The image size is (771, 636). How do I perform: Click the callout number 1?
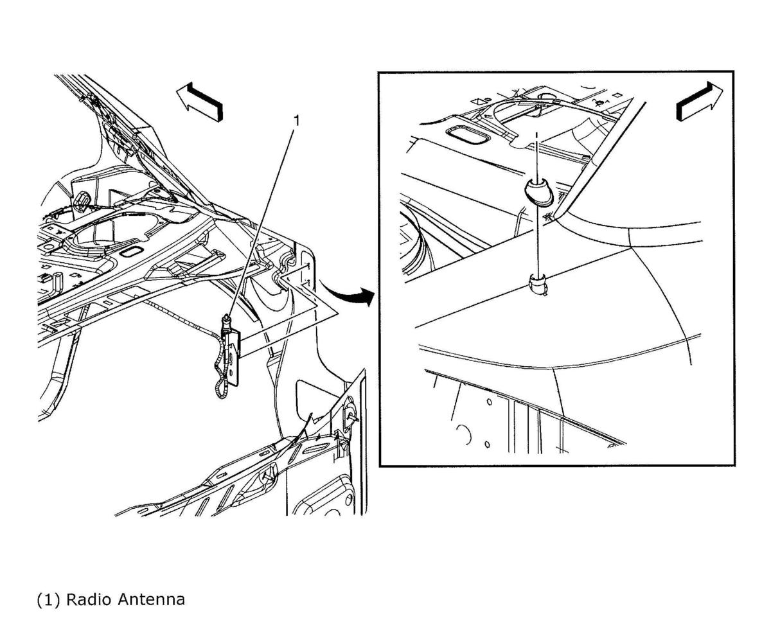(296, 121)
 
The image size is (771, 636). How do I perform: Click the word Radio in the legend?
(88, 599)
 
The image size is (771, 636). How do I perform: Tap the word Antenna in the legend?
(152, 599)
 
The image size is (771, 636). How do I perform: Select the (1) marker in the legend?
(48, 600)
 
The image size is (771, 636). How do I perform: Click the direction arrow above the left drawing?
(200, 102)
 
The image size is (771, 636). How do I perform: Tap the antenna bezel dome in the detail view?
(539, 191)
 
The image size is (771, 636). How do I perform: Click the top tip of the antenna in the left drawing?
(226, 317)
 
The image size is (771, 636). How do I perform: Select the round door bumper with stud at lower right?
(349, 415)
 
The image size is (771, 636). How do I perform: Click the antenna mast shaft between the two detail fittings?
(538, 240)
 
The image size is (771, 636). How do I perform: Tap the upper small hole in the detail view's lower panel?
(489, 403)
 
